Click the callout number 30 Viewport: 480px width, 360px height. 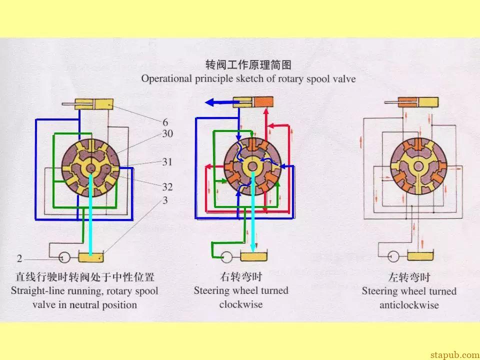point(167,134)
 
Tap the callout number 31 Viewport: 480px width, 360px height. point(167,162)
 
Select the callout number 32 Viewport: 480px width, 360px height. point(167,186)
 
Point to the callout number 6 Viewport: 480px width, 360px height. point(165,122)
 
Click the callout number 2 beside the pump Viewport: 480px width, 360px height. point(19,258)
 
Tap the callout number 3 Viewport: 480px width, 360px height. point(165,200)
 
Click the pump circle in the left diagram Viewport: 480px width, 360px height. point(64,257)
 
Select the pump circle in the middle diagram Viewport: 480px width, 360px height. point(227,257)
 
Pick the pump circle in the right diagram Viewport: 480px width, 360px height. point(393,256)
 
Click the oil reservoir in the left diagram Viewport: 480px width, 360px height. point(91,256)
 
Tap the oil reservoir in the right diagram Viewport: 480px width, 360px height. point(420,256)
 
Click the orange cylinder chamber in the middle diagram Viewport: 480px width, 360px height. point(263,102)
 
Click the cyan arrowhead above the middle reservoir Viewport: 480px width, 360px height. point(253,248)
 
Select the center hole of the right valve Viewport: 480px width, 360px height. point(418,166)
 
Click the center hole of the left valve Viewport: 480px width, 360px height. point(91,168)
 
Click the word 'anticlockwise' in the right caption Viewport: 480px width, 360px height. point(409,305)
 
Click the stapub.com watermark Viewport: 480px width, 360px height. point(454,355)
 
